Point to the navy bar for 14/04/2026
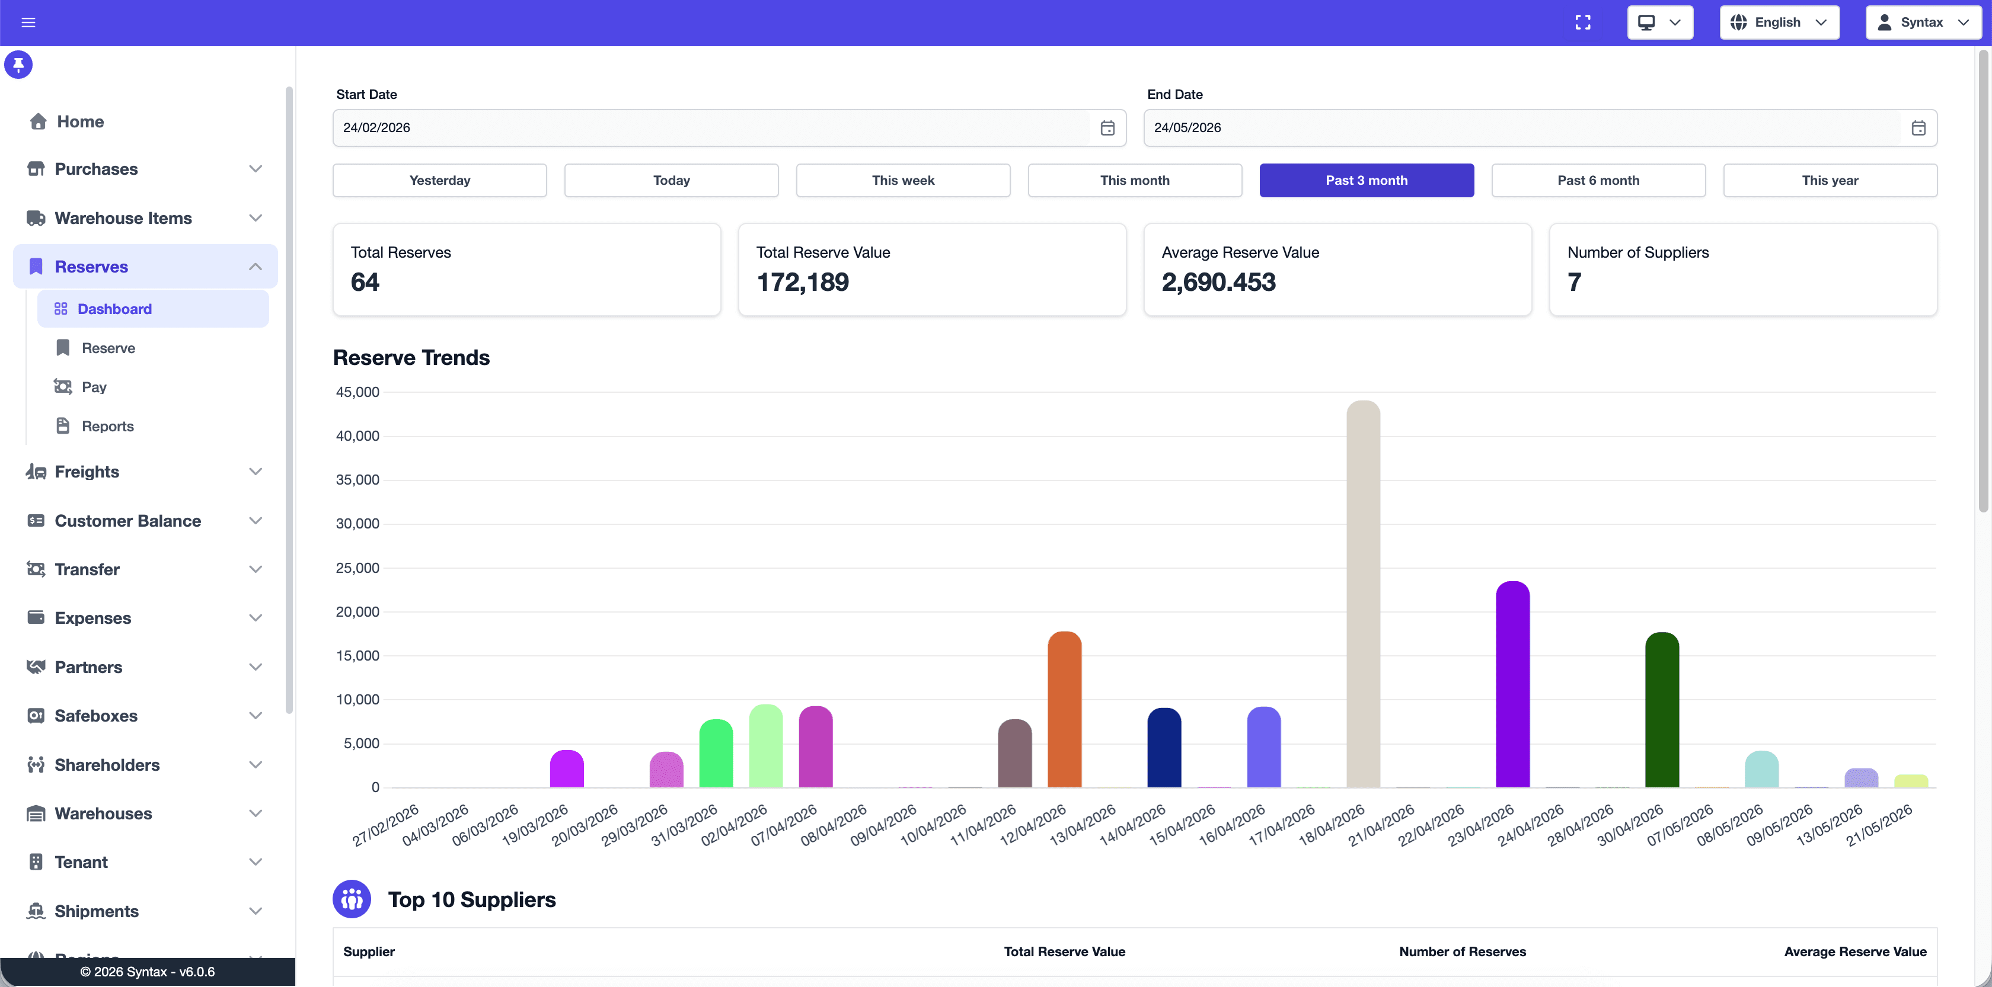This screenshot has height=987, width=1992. pyautogui.click(x=1164, y=748)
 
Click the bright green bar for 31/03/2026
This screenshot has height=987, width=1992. pyautogui.click(x=716, y=754)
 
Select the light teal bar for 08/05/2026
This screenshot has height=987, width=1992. pyautogui.click(x=1761, y=769)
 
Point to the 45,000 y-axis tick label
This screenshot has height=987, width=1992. pyautogui.click(x=357, y=392)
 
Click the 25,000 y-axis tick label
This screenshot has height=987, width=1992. pyautogui.click(x=357, y=568)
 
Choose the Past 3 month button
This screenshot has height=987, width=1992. pyautogui.click(x=1367, y=180)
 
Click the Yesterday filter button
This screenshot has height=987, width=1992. pyautogui.click(x=439, y=180)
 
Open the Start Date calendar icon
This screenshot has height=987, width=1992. pyautogui.click(x=1107, y=127)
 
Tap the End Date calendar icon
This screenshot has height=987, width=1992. pyautogui.click(x=1918, y=127)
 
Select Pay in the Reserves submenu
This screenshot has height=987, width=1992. pyautogui.click(x=94, y=387)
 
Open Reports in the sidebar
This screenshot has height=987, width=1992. pyautogui.click(x=107, y=426)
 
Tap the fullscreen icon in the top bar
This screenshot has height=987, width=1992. pyautogui.click(x=1583, y=23)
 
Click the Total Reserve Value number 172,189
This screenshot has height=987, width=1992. pyautogui.click(x=803, y=282)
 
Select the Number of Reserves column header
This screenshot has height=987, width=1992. pyautogui.click(x=1463, y=951)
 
